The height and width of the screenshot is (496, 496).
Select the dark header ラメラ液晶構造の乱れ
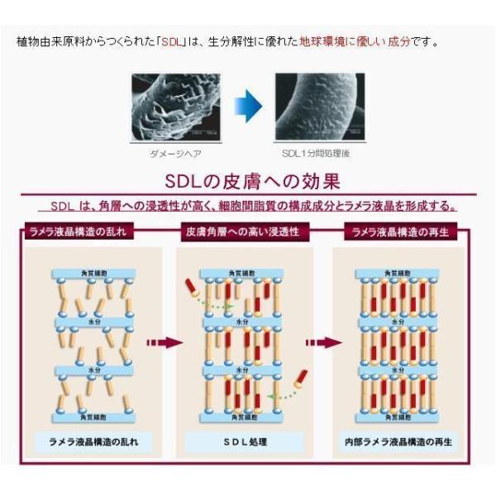(80, 232)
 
